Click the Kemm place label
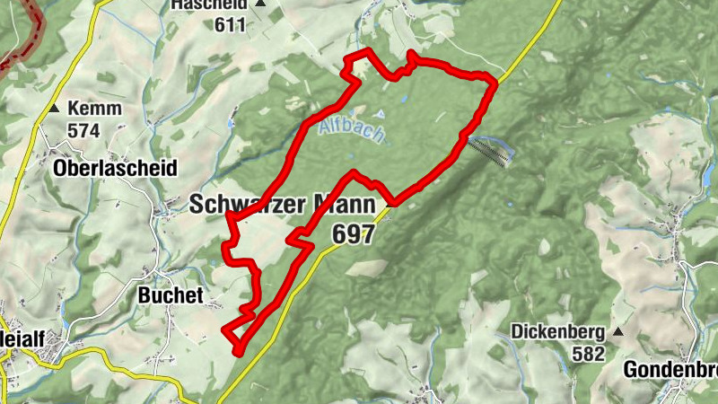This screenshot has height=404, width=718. (94, 109)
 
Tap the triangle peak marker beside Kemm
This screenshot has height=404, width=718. (56, 109)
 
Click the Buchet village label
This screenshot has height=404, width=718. (171, 295)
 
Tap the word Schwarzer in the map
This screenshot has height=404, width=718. (245, 205)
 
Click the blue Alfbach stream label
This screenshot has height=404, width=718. (351, 132)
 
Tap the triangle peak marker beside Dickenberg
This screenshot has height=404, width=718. (617, 331)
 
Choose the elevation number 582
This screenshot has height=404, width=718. (588, 353)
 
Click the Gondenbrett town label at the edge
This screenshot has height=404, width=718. (670, 370)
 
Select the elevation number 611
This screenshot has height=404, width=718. (231, 24)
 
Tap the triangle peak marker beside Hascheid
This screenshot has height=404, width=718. (260, 4)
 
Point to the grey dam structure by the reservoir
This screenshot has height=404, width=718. (492, 154)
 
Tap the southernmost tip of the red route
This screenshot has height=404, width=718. (238, 352)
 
